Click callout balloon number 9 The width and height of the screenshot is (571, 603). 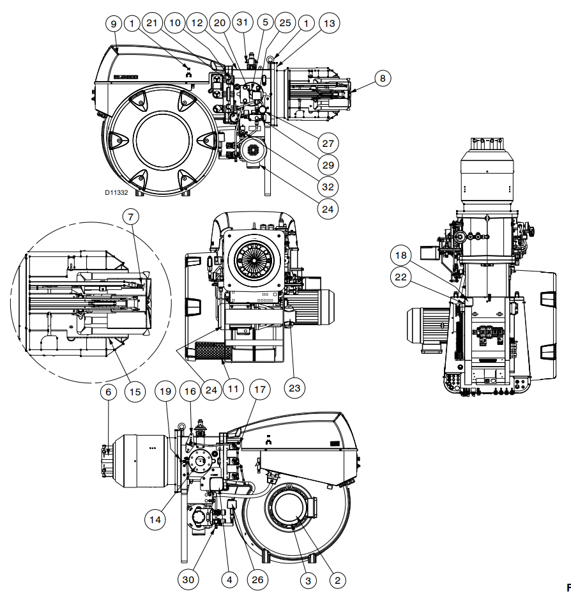[114, 24]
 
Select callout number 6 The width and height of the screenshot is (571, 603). [108, 391]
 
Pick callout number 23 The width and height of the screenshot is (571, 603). [296, 386]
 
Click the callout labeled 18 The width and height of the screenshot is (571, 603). [400, 256]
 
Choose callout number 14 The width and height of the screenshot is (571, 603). [155, 520]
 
